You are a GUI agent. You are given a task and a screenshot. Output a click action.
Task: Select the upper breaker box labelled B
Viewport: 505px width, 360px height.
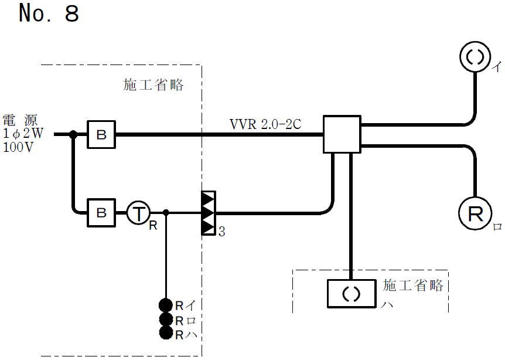point(101,135)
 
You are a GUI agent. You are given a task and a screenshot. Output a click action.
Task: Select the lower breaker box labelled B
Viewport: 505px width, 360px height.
point(101,212)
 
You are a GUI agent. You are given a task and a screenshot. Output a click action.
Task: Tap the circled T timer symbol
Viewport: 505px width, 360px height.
point(138,213)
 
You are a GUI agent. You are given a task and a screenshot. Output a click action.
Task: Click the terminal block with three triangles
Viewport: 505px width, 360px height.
point(209,212)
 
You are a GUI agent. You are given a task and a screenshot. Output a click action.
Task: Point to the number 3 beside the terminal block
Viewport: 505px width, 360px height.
point(221,232)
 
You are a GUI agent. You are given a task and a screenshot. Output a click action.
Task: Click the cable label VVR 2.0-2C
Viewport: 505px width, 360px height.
point(265,124)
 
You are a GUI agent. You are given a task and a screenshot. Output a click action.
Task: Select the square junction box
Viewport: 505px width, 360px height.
point(342,134)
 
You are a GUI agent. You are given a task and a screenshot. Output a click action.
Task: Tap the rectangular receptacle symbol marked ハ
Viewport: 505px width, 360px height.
point(350,293)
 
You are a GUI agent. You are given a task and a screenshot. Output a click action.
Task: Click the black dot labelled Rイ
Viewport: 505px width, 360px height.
point(166,305)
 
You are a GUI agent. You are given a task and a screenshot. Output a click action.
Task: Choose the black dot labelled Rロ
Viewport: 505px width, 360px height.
point(166,320)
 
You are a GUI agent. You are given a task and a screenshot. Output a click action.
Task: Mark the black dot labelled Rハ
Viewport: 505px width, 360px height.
point(166,334)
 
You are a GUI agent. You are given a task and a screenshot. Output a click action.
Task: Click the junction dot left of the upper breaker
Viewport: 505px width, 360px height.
point(73,134)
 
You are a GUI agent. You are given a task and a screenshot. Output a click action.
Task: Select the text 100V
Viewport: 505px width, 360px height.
point(18,147)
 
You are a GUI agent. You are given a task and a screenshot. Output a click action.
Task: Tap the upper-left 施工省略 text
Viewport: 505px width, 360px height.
point(153,85)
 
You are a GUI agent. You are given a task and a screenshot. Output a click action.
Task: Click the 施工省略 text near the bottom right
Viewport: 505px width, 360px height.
point(414,286)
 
